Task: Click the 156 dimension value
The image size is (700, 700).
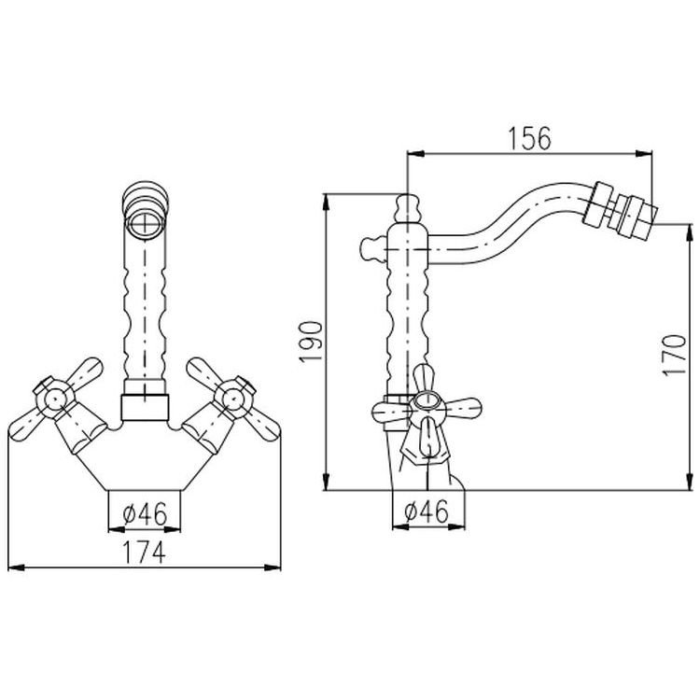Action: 530,138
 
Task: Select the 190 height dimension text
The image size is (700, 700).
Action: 311,342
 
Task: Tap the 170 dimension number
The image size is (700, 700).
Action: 674,356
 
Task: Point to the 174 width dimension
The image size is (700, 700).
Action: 144,553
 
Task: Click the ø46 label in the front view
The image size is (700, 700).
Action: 145,514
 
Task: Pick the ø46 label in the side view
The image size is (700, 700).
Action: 427,511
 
